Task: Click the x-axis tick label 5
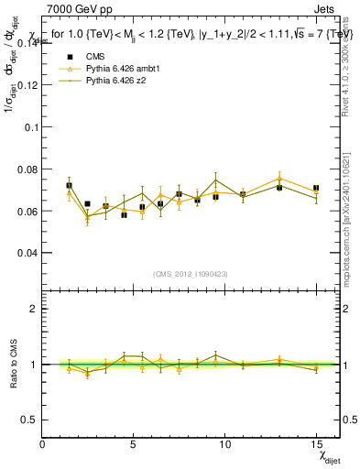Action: point(134,444)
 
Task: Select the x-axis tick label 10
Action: point(224,444)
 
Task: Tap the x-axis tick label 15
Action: point(316,444)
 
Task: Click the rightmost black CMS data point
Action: point(316,188)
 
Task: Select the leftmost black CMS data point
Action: point(70,185)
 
